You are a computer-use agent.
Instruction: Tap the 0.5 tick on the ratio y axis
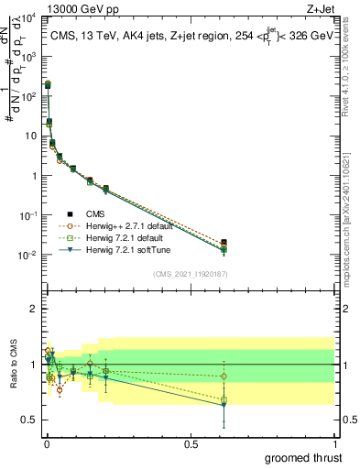[x=33, y=420]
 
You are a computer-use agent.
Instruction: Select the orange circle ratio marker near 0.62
[x=224, y=376]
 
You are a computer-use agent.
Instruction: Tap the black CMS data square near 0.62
[x=224, y=243]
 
